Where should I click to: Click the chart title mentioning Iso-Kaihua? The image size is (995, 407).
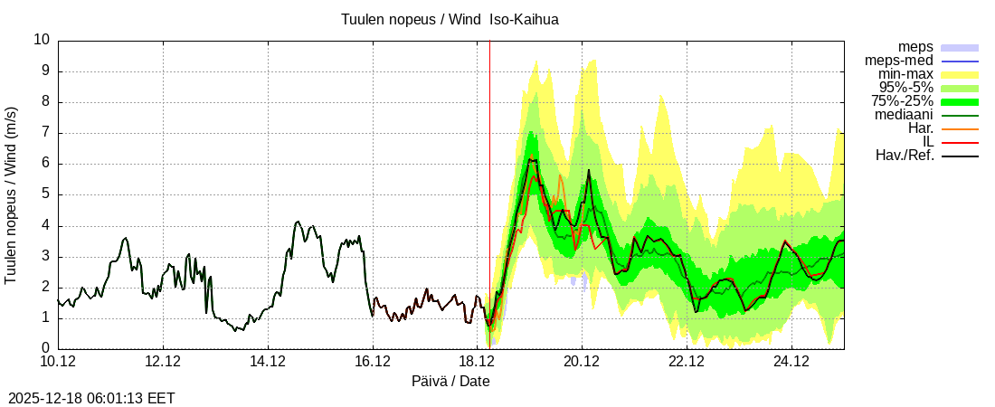[x=450, y=19]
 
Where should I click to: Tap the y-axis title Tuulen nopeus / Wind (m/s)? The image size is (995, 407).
[x=12, y=194]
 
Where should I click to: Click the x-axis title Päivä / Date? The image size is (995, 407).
[x=450, y=382]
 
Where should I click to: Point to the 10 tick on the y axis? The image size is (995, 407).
[x=42, y=40]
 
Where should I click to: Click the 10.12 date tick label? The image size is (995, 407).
[x=58, y=363]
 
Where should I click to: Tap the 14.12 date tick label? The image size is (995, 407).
[x=268, y=363]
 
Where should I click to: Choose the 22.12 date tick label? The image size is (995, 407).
[x=687, y=363]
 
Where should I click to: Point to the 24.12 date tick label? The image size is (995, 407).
[x=791, y=363]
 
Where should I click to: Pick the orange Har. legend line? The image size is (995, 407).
[x=961, y=128]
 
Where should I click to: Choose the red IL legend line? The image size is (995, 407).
[x=961, y=142]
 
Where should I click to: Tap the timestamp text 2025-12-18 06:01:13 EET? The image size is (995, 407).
[x=91, y=398]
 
